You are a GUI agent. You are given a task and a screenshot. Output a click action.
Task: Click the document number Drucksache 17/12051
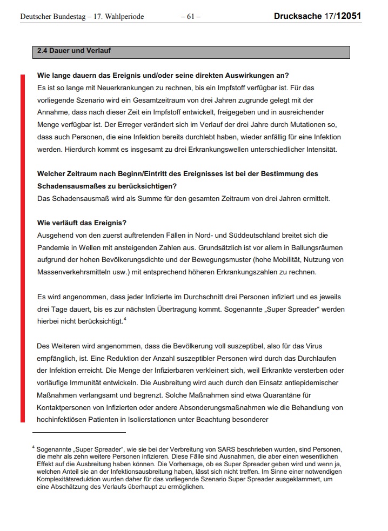tap(317, 17)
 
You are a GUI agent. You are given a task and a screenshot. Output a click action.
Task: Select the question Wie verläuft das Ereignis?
tap(82, 223)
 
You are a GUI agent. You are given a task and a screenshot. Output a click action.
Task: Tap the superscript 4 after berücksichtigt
tap(124, 320)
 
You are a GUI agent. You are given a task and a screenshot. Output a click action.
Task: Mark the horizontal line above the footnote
tap(79, 432)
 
